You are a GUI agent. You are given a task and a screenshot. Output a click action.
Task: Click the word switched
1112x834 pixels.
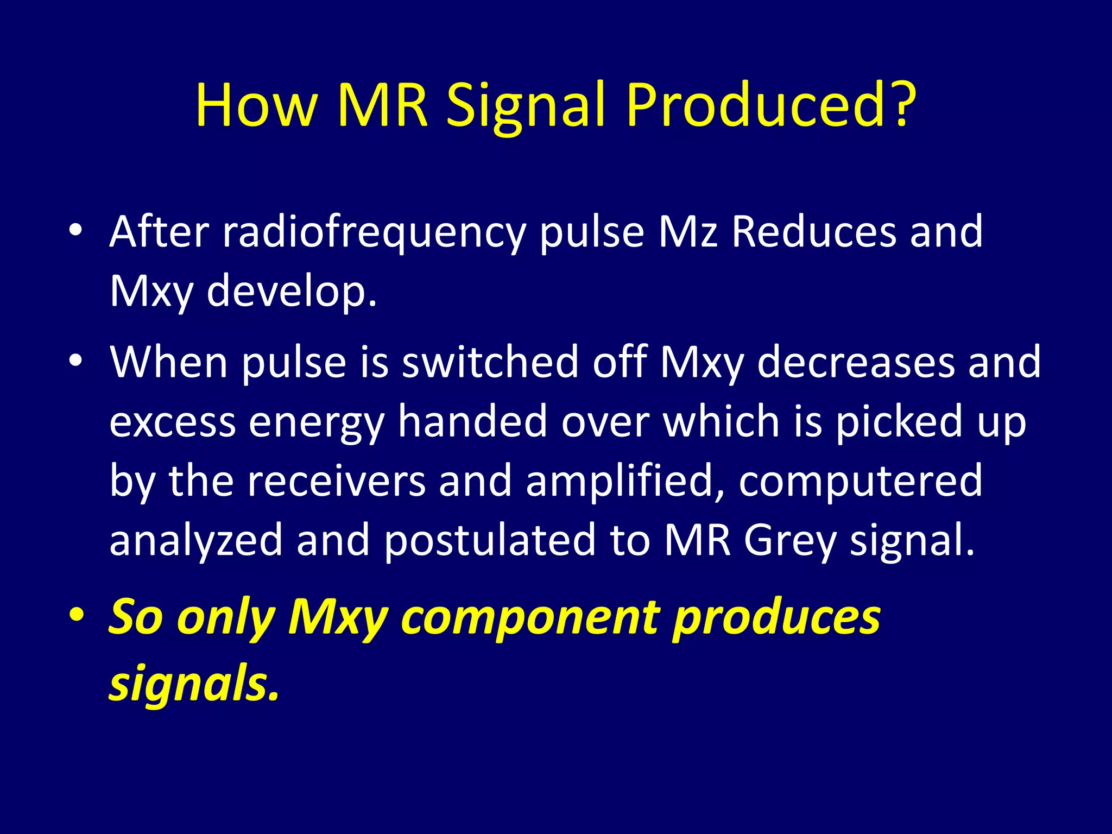tap(490, 362)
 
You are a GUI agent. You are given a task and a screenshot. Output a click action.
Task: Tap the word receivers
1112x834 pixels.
tap(337, 482)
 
